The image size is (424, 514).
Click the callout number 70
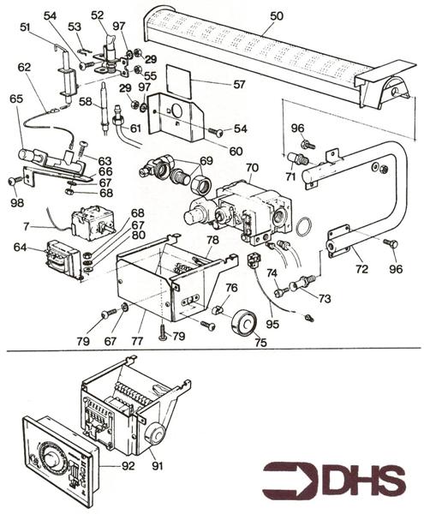click(252, 168)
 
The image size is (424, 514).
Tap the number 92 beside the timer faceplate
click(128, 468)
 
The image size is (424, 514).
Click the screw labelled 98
click(14, 181)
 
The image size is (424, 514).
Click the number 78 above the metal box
click(212, 241)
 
